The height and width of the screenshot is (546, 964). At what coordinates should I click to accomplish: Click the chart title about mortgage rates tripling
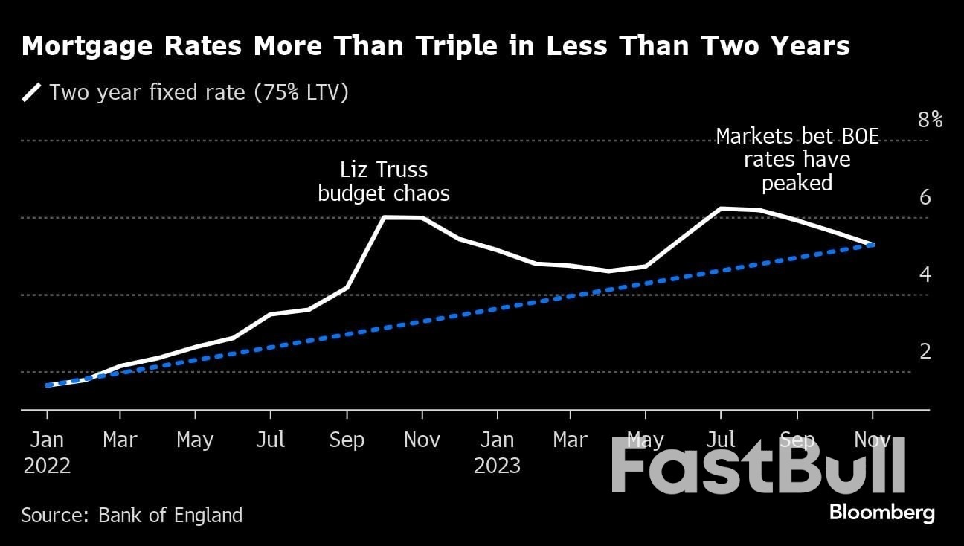435,46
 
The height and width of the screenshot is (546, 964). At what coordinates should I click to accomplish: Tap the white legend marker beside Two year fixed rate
32,92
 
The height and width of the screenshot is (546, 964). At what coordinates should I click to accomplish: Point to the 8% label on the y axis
930,120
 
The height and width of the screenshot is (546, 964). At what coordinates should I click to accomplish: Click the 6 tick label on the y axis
925,198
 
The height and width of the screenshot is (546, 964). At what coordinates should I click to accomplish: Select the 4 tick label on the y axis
925,274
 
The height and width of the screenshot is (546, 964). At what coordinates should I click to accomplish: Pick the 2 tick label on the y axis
925,351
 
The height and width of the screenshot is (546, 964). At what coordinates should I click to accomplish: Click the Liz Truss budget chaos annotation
384,182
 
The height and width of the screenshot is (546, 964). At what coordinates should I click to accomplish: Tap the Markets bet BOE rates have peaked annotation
797,159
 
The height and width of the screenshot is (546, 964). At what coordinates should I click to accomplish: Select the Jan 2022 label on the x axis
47,452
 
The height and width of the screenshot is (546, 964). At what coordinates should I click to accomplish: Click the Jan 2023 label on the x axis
497,452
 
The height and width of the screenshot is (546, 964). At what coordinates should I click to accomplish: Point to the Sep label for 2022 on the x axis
346,440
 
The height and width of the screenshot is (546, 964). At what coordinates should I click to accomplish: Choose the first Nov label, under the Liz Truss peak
421,440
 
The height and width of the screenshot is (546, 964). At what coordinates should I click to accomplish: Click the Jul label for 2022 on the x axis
271,440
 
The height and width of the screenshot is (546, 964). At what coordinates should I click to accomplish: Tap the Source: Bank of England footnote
132,515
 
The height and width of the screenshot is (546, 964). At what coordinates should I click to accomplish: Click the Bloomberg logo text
881,513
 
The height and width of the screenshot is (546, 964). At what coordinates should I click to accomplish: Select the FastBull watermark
759,465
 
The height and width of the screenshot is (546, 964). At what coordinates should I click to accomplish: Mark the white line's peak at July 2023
721,208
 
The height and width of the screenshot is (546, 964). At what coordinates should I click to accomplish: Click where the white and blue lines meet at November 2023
872,244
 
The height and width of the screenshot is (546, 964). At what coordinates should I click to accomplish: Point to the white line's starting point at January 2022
47,385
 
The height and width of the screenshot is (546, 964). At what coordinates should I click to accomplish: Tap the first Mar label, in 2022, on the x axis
120,440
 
